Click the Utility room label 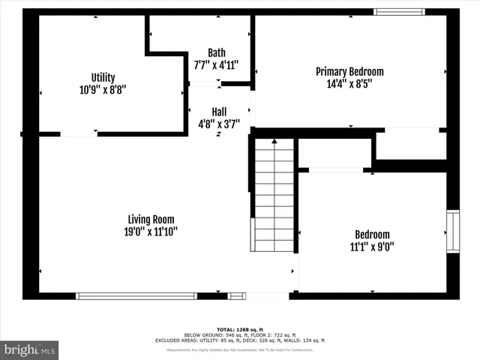[x=103, y=77]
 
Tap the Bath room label [x=216, y=52]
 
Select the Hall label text [x=218, y=111]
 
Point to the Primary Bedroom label [x=349, y=71]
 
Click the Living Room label [x=151, y=219]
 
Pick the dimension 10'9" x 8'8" [x=103, y=89]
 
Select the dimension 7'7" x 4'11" [x=216, y=64]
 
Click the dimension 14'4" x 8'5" [x=349, y=83]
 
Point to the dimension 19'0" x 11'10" [x=151, y=231]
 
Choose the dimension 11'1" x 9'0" [x=372, y=246]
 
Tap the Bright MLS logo [x=29, y=349]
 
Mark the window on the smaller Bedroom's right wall [x=453, y=232]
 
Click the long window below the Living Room [x=136, y=296]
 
